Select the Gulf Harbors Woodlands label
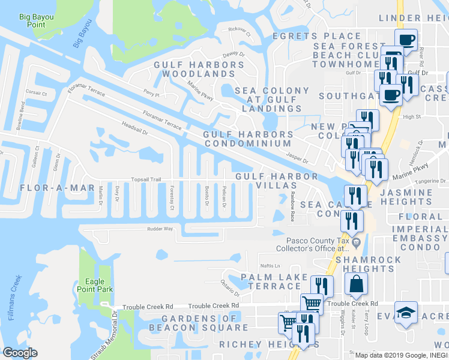pyautogui.click(x=194, y=69)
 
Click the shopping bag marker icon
pyautogui.click(x=356, y=283)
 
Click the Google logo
pyautogui.click(x=20, y=353)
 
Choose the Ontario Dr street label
pyautogui.click(x=229, y=285)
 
